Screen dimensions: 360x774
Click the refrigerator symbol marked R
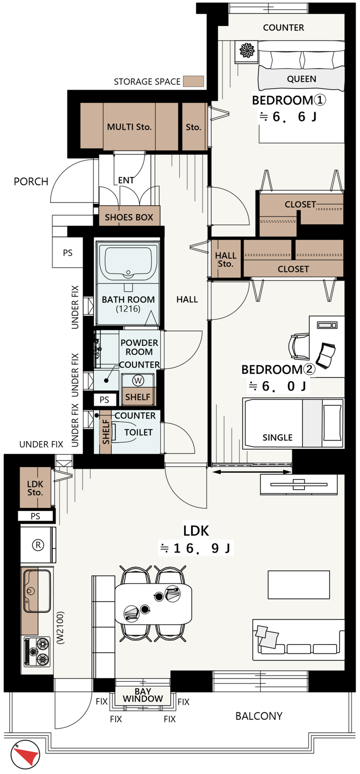tap(38, 545)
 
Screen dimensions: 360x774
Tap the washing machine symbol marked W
tap(138, 381)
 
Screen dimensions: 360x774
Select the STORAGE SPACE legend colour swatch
tap(193, 81)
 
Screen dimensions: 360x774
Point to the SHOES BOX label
tap(129, 217)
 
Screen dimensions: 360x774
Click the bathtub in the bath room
tap(128, 262)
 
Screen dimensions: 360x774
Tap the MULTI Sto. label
tap(129, 127)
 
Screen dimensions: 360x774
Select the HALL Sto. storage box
tap(226, 258)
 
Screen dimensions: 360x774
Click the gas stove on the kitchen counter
tap(37, 652)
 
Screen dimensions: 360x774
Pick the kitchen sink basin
tap(37, 591)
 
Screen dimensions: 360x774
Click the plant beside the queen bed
tap(247, 51)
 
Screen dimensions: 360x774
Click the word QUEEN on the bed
tap(301, 79)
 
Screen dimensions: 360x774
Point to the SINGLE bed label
tap(277, 438)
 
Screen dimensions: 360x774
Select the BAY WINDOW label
tap(143, 695)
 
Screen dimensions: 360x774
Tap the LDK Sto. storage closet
tap(35, 488)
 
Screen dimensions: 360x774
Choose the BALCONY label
tap(259, 716)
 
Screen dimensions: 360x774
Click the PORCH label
tap(31, 182)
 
